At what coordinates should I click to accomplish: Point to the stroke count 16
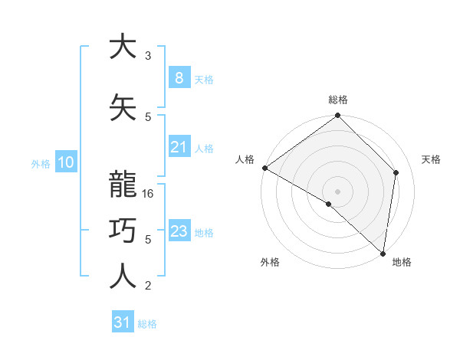149,194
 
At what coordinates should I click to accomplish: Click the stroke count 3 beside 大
148,56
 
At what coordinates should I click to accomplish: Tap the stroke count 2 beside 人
148,286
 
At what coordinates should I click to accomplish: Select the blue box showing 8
179,78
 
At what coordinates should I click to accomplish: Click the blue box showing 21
179,147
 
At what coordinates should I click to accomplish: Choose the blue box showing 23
179,231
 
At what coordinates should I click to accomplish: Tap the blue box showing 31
122,322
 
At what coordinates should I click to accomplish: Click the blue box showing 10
65,162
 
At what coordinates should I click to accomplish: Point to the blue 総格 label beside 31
147,324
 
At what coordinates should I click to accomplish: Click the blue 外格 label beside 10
41,163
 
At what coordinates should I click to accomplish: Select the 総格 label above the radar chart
338,100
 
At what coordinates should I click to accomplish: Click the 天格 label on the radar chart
432,159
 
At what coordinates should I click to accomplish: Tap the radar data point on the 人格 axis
264,168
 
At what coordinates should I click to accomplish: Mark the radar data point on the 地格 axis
382,253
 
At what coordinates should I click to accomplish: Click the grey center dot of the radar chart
338,191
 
